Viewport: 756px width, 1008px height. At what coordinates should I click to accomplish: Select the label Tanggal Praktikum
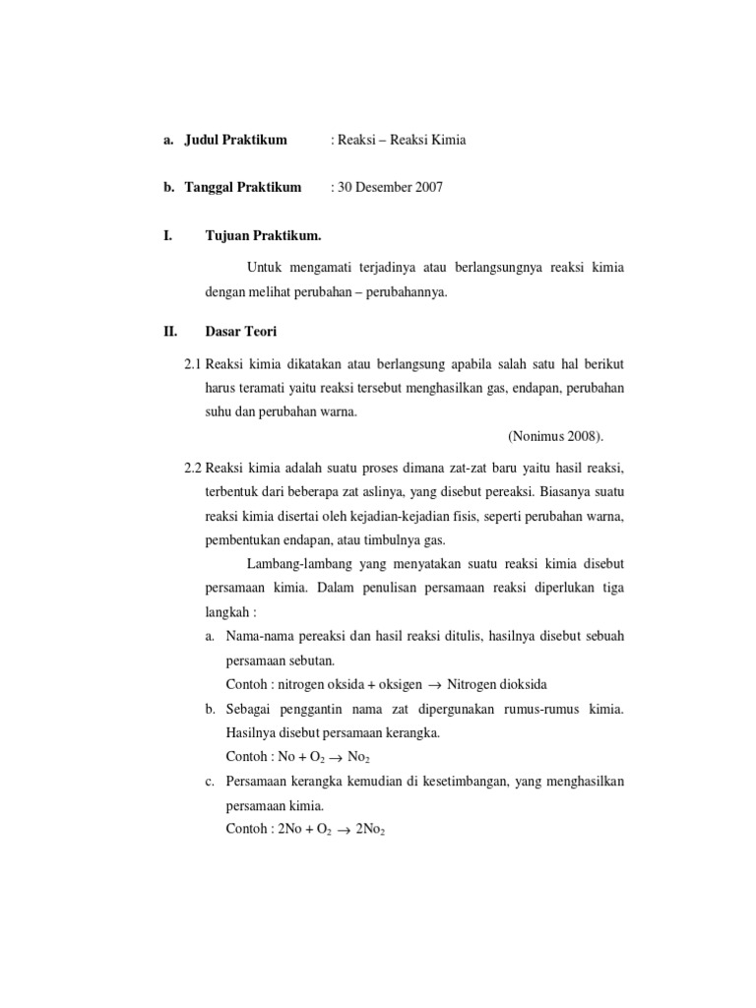(x=242, y=187)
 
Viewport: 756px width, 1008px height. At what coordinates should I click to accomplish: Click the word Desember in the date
(x=382, y=187)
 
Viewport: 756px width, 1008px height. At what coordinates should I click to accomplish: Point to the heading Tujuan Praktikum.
(x=263, y=235)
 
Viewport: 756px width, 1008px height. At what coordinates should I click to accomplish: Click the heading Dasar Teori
(x=241, y=332)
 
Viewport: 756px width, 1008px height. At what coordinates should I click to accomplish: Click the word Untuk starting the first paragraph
(x=266, y=268)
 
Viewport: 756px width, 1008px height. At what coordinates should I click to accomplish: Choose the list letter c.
(x=211, y=782)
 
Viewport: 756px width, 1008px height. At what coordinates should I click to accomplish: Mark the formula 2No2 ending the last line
(x=371, y=831)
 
